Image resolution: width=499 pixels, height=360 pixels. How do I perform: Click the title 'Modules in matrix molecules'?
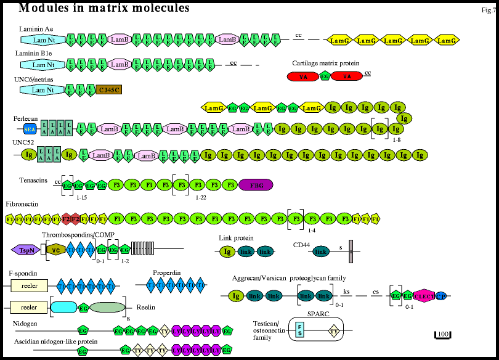tap(104, 8)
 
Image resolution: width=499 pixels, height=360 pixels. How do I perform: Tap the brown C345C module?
tap(109, 90)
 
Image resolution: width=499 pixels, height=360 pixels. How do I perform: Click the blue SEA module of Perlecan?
tap(29, 129)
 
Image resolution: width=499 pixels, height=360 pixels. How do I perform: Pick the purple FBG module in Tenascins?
tap(255, 184)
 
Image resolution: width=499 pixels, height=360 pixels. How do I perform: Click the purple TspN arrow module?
tap(23, 250)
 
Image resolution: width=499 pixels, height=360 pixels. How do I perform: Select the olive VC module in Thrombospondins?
tap(55, 250)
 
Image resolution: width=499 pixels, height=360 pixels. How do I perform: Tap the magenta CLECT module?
tap(424, 296)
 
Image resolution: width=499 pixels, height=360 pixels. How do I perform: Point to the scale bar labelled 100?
tap(443, 334)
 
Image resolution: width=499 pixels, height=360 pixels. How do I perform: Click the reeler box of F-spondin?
tap(29, 285)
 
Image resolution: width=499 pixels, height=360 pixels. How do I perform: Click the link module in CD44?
tap(320, 252)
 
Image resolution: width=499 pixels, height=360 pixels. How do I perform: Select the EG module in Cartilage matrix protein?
tap(325, 76)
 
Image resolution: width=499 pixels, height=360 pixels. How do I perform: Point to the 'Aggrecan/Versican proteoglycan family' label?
tap(289, 279)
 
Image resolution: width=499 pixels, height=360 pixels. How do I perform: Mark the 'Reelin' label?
tap(145, 307)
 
